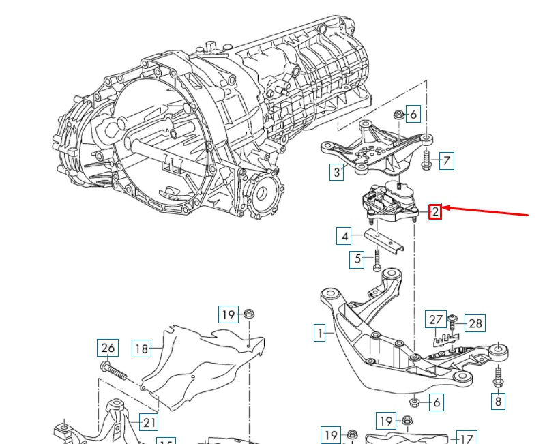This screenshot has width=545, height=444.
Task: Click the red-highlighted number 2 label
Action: point(435,211)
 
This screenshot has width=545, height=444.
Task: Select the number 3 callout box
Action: point(336,172)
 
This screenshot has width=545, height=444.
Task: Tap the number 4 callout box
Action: point(345,237)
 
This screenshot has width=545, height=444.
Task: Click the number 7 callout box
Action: point(446,161)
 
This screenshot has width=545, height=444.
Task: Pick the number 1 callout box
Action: point(319,334)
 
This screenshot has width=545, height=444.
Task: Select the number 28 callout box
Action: point(475,323)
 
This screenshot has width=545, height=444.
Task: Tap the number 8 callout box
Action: point(499,401)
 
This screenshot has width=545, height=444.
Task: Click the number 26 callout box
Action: point(108,349)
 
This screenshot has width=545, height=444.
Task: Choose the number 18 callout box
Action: point(141,349)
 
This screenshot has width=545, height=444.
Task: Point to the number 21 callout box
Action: point(148,422)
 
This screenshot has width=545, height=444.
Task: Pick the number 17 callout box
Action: point(466,438)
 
